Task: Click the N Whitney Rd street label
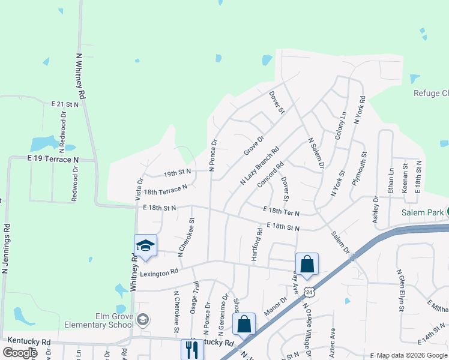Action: [80, 76]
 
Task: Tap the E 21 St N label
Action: [65, 104]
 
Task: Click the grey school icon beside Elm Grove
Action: [143, 319]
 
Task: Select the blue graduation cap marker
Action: [145, 245]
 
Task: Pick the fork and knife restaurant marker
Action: [192, 350]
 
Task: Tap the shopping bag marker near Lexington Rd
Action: [307, 264]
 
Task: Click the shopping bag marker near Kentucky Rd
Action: [244, 324]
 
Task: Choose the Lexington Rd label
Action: [159, 272]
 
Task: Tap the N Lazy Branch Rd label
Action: [259, 166]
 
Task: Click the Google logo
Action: [20, 353]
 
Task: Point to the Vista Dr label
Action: [140, 187]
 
